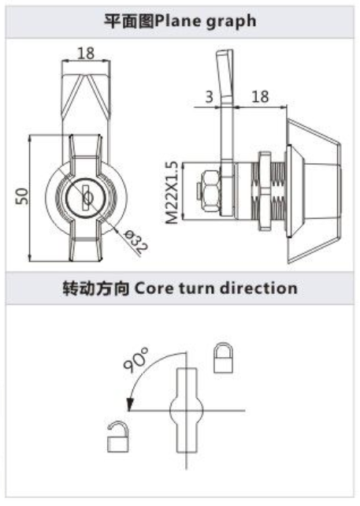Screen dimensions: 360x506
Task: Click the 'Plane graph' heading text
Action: point(206,21)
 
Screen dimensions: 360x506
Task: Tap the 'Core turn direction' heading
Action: point(216,288)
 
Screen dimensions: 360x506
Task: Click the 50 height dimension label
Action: point(22,196)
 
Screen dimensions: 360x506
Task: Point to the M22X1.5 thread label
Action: point(172,192)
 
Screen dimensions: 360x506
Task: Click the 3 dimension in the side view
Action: point(209,96)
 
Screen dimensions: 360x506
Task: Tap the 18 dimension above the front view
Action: point(86,54)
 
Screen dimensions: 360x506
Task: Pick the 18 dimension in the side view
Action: point(260,96)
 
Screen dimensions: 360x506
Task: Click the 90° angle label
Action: point(135,359)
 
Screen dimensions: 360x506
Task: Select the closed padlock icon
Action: point(223,358)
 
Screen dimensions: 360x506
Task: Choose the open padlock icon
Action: point(118,437)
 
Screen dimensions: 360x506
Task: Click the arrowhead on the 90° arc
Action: point(130,404)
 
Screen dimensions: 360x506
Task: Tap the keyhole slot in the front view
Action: point(87,196)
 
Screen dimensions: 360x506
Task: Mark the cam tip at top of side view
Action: point(225,52)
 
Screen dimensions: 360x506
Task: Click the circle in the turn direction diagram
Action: point(187,410)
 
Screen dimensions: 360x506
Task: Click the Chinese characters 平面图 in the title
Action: point(129,21)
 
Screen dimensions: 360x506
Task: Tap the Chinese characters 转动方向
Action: point(96,288)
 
